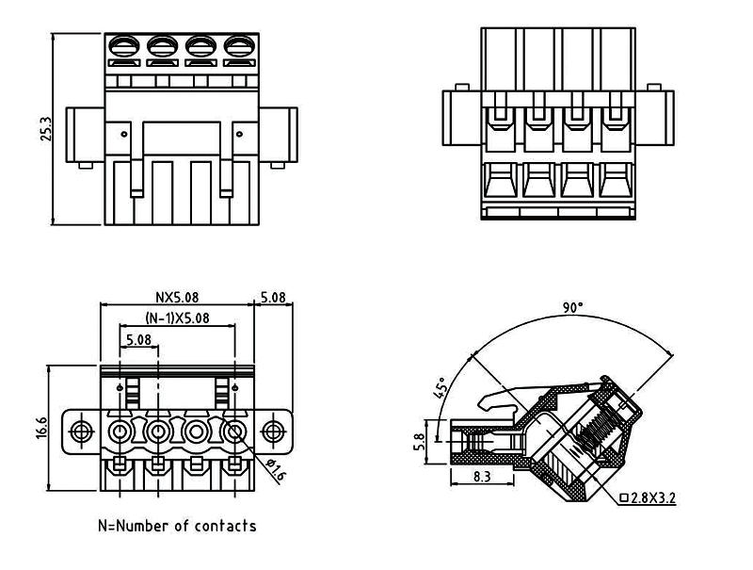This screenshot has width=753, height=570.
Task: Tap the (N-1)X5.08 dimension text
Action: coord(177,318)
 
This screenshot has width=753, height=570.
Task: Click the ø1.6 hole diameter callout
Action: coord(276,469)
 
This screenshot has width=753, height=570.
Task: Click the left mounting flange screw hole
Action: coord(82,432)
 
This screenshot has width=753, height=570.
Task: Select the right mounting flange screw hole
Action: coord(273,432)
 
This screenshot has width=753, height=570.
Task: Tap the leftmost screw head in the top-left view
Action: coord(124,44)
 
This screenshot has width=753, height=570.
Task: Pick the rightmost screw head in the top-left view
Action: coord(239,44)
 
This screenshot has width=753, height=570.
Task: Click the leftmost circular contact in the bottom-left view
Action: coord(121,432)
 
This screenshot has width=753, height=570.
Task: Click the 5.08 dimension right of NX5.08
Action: coord(273,297)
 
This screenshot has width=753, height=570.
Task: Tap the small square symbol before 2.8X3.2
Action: coord(624,498)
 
